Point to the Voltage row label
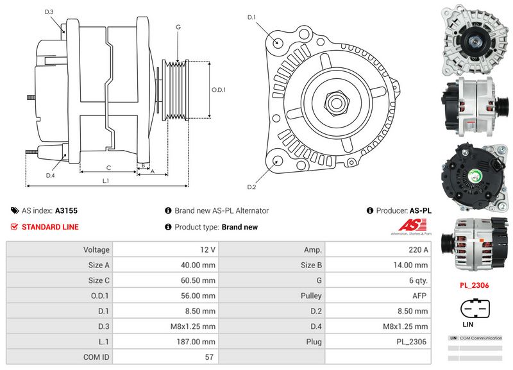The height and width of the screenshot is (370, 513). point(97,249)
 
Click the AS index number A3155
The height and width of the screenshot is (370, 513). point(66,210)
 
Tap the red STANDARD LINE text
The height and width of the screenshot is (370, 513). point(50,227)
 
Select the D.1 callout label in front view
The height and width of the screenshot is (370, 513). point(251,17)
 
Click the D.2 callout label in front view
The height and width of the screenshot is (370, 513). point(251,187)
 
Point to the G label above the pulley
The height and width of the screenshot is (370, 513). point(178,27)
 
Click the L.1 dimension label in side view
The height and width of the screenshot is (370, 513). point(106,181)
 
